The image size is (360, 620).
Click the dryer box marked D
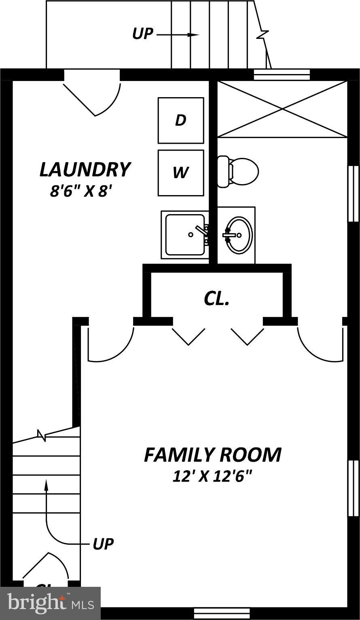pos(181,120)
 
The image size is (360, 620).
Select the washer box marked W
pos(181,173)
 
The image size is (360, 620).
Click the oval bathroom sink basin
pos(239,235)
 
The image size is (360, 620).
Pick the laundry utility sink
pos(185,235)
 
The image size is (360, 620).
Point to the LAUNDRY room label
pos(85,170)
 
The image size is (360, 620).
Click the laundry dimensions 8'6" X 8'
pos(80,191)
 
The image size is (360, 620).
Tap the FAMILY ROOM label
pos(213,454)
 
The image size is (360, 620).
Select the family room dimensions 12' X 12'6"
pos(212,476)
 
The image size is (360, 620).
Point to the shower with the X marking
pos(282,109)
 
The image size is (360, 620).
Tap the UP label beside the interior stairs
pos(103,544)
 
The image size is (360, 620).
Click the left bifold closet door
pos(188,336)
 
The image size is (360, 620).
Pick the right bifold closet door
pos(247,336)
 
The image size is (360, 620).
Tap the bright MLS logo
pos(50,603)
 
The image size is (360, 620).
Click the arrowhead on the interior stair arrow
pos(46,484)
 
